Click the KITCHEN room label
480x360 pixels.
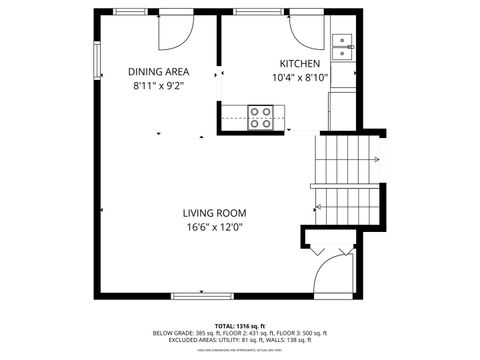(x=298, y=62)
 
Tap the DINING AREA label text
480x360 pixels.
(x=159, y=71)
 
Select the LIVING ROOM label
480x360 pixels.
(x=214, y=213)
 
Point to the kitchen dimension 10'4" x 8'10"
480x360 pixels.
(x=299, y=77)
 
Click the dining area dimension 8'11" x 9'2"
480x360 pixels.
(x=159, y=86)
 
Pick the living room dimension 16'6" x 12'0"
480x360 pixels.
(x=214, y=228)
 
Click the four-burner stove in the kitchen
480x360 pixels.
(x=261, y=118)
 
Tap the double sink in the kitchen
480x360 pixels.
(x=343, y=45)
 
